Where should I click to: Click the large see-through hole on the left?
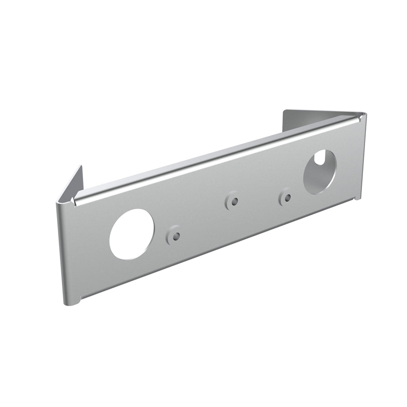point(131,234)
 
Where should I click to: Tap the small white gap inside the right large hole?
point(320,158)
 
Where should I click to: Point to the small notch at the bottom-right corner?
point(357,199)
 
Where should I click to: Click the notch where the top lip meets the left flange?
point(73,200)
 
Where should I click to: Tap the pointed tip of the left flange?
point(81,166)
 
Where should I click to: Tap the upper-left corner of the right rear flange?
point(284,111)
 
